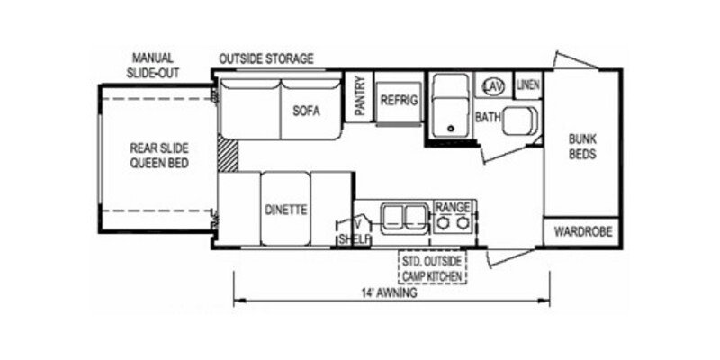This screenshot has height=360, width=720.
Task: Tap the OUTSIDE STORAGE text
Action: click(x=266, y=59)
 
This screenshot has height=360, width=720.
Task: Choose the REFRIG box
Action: click(x=399, y=101)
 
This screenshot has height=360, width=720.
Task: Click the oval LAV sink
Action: click(x=491, y=85)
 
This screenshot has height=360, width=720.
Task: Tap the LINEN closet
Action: click(x=528, y=85)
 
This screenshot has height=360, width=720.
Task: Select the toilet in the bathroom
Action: click(x=518, y=119)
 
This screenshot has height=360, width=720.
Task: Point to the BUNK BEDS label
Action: click(x=581, y=146)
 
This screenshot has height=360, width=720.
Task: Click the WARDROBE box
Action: click(x=582, y=231)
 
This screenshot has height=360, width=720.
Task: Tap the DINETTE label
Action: click(x=286, y=210)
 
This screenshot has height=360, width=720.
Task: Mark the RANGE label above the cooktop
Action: click(x=453, y=206)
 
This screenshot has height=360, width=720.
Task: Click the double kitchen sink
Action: click(x=403, y=217)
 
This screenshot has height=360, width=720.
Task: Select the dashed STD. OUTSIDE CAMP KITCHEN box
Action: click(x=434, y=266)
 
